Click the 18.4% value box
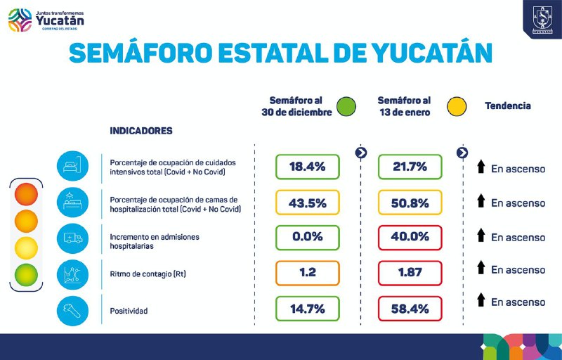(307, 167)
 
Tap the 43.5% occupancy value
(307, 202)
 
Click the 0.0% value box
(307, 237)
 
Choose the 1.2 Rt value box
(307, 272)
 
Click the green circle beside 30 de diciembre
(346, 106)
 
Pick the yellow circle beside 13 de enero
(457, 106)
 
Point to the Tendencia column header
(507, 106)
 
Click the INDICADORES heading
(141, 131)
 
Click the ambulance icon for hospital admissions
(73, 238)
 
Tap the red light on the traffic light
(26, 192)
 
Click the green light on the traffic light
(26, 275)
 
